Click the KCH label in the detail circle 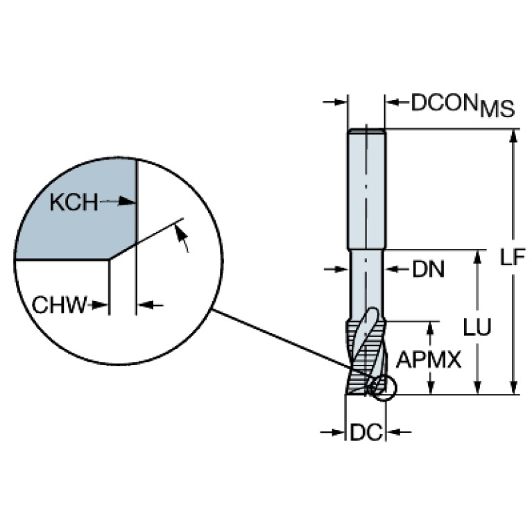[74, 203]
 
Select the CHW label [59, 304]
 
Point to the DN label [428, 270]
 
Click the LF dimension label [513, 257]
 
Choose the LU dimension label [477, 327]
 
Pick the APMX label [429, 359]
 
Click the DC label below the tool [366, 433]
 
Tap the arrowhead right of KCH [127, 202]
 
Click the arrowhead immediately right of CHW [101, 305]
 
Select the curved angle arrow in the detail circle [182, 239]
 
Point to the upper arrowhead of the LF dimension [514, 138]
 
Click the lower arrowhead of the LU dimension [477, 386]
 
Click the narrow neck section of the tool [366, 284]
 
